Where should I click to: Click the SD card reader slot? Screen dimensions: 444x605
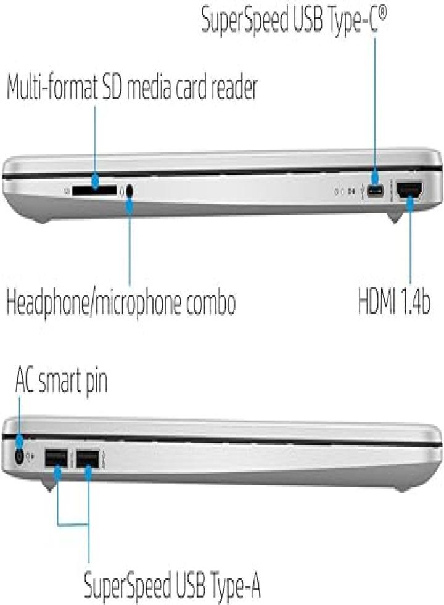94,190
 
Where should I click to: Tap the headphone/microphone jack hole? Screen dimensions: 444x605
129,191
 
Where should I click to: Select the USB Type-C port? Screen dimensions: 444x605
376,191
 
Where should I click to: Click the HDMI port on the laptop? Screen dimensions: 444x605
409,191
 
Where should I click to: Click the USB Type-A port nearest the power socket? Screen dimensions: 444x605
56,458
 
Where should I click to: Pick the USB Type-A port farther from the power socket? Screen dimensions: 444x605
88,458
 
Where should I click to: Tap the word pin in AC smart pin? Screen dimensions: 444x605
96,382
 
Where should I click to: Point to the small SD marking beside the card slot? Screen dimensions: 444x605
67,191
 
